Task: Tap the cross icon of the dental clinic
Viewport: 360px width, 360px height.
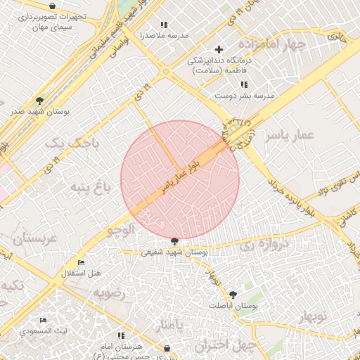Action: point(219,49)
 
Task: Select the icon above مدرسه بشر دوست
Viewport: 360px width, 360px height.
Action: point(243,84)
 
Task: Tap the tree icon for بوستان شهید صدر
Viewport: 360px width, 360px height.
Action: point(39,101)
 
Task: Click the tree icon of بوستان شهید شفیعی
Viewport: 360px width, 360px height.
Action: point(174,241)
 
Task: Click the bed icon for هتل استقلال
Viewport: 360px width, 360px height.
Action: point(81,263)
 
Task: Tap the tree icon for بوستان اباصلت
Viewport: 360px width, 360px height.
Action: point(232,295)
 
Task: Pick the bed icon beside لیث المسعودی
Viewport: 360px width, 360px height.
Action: point(43,320)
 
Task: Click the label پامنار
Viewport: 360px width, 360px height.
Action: point(171,326)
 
